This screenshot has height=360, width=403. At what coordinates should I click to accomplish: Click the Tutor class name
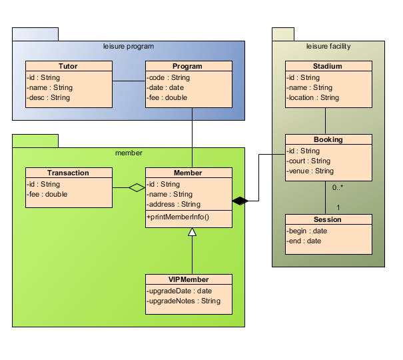point(68,67)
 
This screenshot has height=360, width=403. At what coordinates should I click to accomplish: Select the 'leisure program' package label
point(129,47)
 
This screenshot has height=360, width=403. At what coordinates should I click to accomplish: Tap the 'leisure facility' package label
point(328,47)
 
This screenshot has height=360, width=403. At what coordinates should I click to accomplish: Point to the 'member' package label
point(129,153)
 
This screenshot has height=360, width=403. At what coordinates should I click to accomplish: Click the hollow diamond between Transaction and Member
point(137,188)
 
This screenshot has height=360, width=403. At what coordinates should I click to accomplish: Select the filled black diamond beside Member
point(240,200)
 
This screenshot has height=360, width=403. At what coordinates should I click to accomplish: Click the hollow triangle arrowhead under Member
point(192,232)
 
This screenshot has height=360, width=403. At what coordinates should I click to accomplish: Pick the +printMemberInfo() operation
point(178,217)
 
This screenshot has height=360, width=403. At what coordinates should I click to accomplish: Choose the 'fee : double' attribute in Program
point(167,97)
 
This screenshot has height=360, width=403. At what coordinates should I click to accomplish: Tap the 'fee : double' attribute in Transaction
point(47,194)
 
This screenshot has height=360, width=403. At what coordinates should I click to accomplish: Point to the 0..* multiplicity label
point(338,188)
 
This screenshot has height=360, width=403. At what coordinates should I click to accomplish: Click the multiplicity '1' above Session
point(338,207)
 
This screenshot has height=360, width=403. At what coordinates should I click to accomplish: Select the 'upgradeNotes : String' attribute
point(184,301)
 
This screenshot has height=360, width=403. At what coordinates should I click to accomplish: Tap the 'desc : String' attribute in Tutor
point(49,97)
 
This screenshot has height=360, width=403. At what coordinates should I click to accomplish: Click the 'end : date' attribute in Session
point(304,241)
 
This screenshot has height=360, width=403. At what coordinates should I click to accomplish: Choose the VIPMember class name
point(189,279)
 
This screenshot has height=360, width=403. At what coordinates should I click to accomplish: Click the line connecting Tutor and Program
point(129,81)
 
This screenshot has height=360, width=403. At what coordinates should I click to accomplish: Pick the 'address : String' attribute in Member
point(173,204)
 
